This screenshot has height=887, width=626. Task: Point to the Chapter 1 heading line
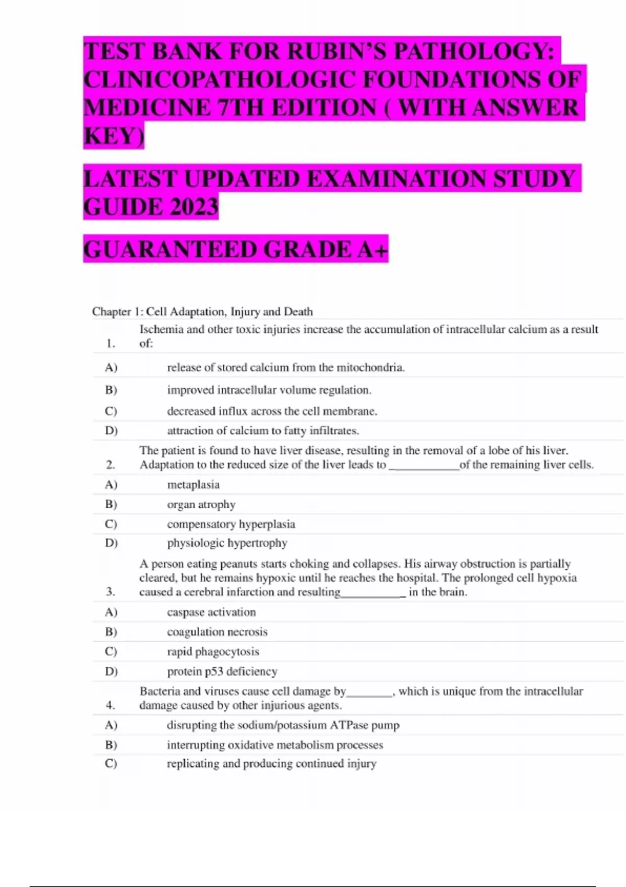tap(202, 311)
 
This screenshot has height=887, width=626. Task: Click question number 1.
tap(110, 343)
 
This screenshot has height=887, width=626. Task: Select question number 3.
tap(110, 592)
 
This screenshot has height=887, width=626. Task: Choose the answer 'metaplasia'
tap(193, 485)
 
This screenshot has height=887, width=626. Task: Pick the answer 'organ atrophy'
tap(201, 505)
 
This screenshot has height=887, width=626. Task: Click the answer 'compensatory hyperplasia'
tap(231, 524)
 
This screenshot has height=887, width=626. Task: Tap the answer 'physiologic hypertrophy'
tap(227, 543)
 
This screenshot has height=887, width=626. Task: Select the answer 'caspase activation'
tap(211, 612)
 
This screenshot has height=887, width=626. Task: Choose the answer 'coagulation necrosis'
tap(217, 632)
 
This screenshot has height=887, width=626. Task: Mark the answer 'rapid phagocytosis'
tap(213, 652)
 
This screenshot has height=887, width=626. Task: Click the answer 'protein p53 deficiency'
tap(222, 672)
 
